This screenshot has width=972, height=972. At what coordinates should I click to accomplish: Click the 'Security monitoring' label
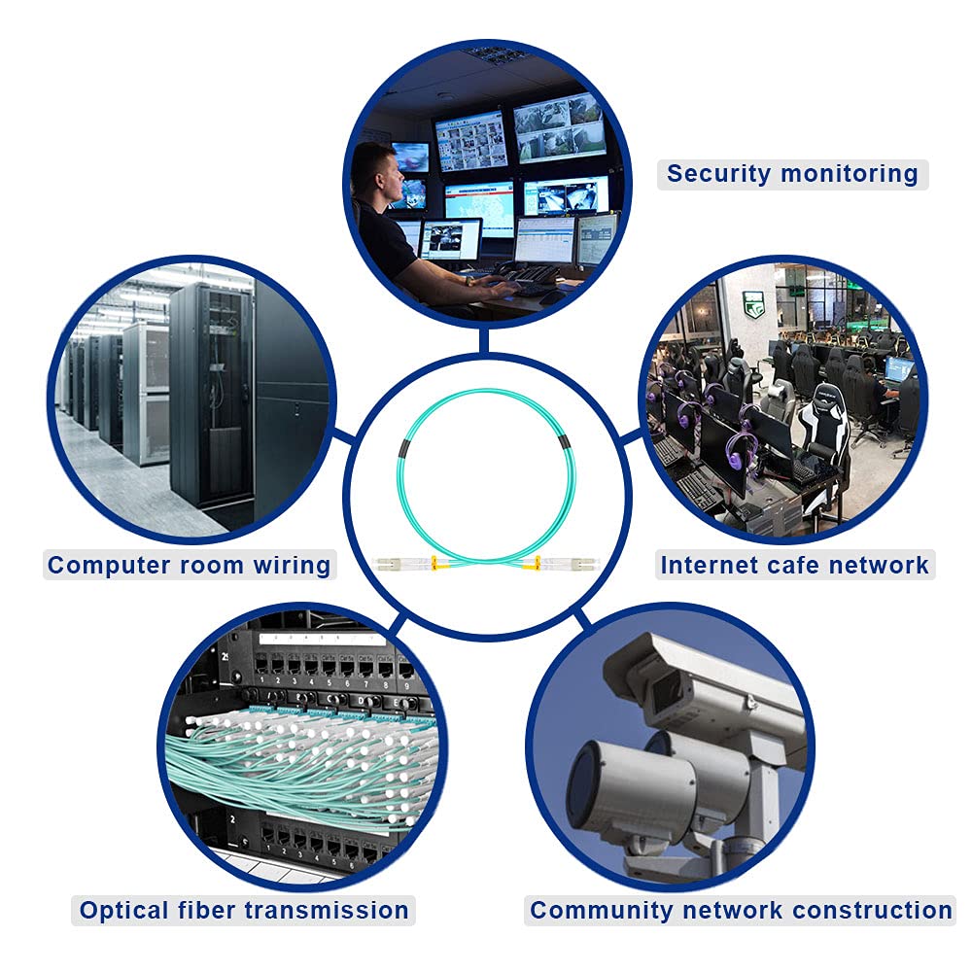(x=792, y=175)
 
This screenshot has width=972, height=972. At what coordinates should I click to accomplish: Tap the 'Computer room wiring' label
(x=190, y=565)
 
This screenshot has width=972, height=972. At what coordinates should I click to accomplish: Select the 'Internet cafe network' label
(x=794, y=565)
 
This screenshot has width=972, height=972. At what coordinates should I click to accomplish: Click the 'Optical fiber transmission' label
(x=244, y=911)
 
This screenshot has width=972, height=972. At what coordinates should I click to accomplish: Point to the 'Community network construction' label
(x=741, y=911)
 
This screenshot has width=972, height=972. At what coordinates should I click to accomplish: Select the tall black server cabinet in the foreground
(x=212, y=399)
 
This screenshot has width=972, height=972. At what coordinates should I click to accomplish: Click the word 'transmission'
(x=328, y=911)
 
